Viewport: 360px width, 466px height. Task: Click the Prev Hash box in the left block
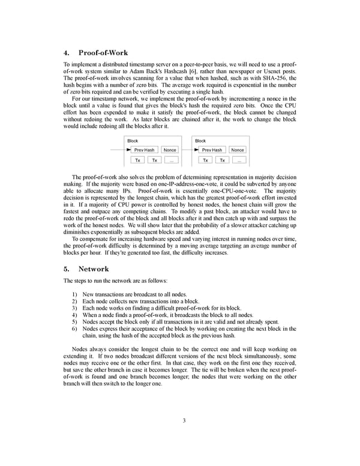(x=145, y=150)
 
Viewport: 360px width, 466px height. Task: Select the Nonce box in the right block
(x=238, y=150)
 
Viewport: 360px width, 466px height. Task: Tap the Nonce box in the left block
(x=170, y=150)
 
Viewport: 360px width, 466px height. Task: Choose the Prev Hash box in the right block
(x=212, y=150)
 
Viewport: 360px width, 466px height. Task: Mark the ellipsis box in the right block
(x=239, y=160)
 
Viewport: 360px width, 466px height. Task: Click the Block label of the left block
(x=133, y=141)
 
